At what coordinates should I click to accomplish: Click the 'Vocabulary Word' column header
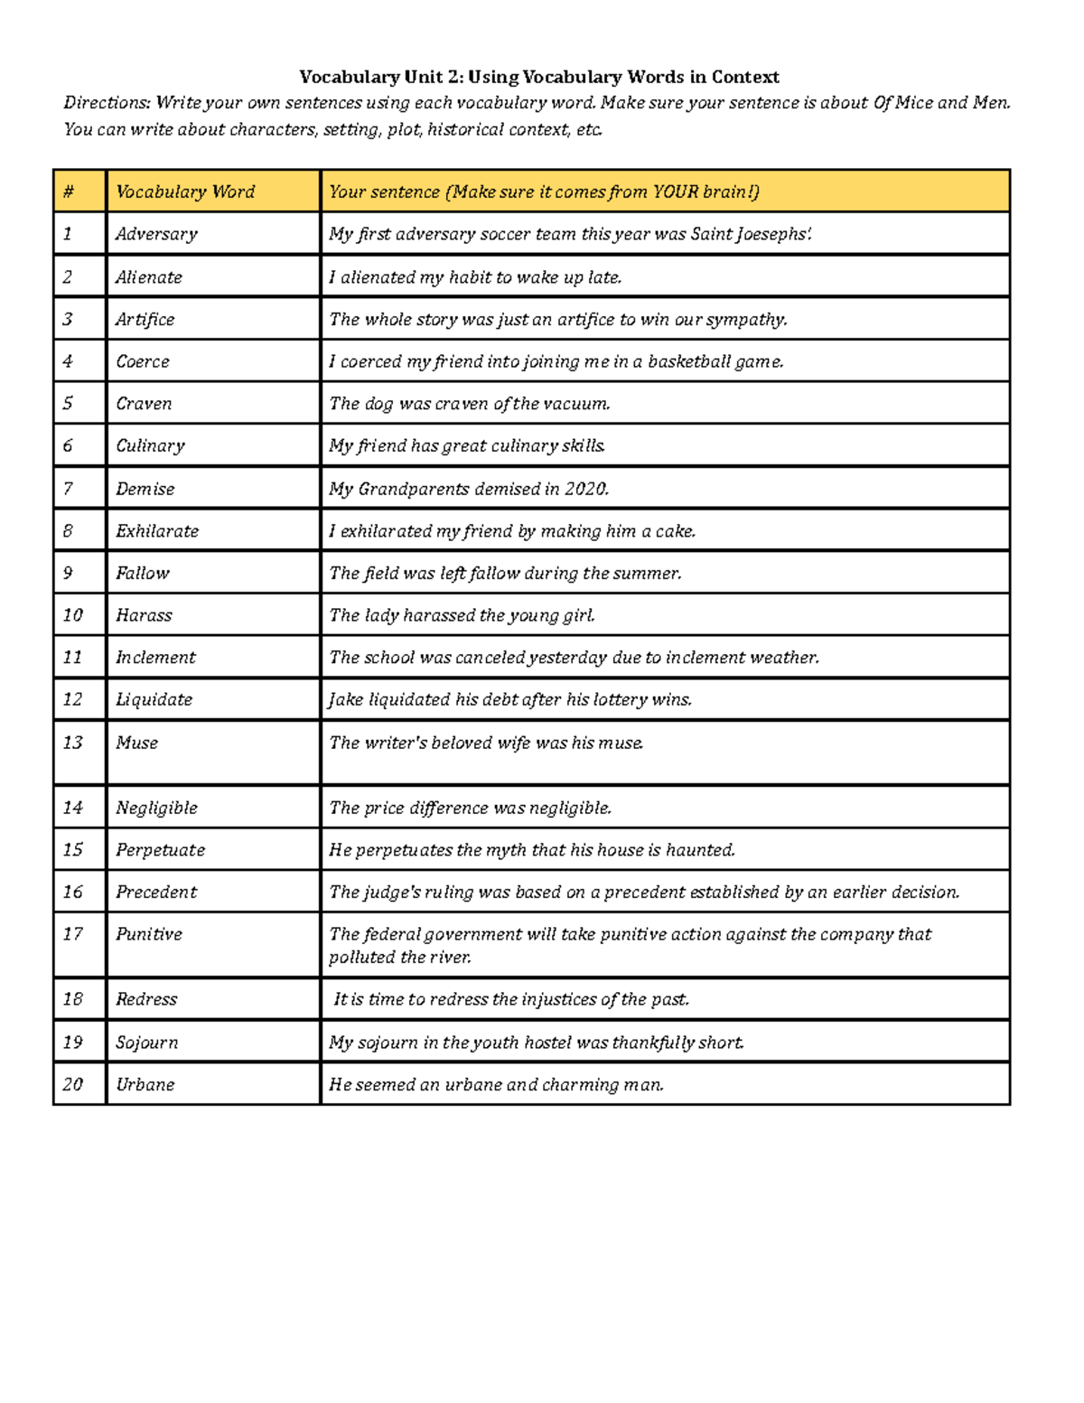click(185, 192)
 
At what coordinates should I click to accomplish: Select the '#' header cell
click(69, 192)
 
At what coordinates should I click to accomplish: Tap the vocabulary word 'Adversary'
click(156, 234)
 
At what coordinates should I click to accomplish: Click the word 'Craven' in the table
click(144, 404)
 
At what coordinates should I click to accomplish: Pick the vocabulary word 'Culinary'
click(150, 445)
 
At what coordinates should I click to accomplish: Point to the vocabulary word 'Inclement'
click(155, 658)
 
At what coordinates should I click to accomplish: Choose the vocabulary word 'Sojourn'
click(146, 1043)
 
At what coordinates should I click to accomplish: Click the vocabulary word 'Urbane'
click(145, 1084)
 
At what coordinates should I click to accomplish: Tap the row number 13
click(72, 743)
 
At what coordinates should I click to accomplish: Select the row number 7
click(68, 489)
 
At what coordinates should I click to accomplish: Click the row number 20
click(72, 1084)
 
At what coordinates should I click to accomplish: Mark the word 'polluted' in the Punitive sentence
click(362, 958)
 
